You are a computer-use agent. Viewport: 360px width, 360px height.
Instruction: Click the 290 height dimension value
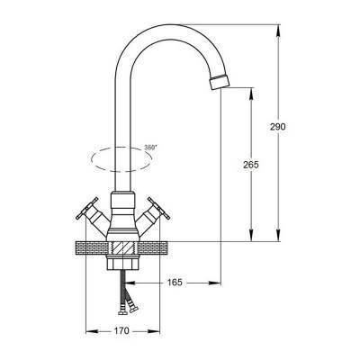click(277, 127)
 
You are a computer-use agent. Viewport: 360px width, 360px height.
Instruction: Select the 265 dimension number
click(251, 165)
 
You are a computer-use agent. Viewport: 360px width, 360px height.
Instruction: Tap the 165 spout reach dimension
click(175, 283)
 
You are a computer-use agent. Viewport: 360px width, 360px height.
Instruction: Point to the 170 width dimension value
click(121, 331)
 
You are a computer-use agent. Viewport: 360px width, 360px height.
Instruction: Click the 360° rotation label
click(150, 148)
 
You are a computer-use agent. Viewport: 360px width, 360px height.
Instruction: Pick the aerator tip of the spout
click(220, 81)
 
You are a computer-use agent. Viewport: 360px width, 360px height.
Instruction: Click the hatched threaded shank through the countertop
click(123, 248)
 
